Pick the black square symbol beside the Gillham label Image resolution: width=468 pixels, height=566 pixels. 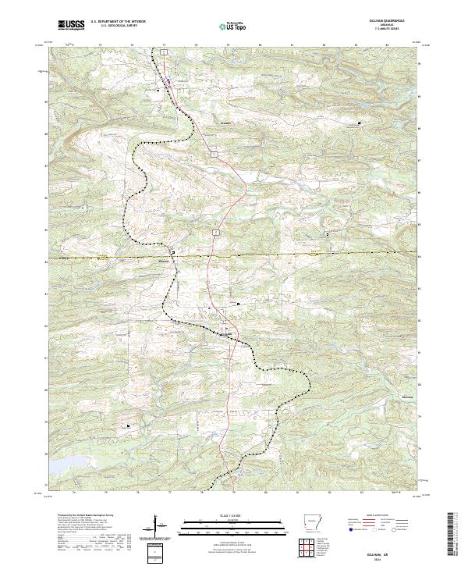tap(172, 253)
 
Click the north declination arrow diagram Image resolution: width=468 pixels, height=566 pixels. tap(157, 526)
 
